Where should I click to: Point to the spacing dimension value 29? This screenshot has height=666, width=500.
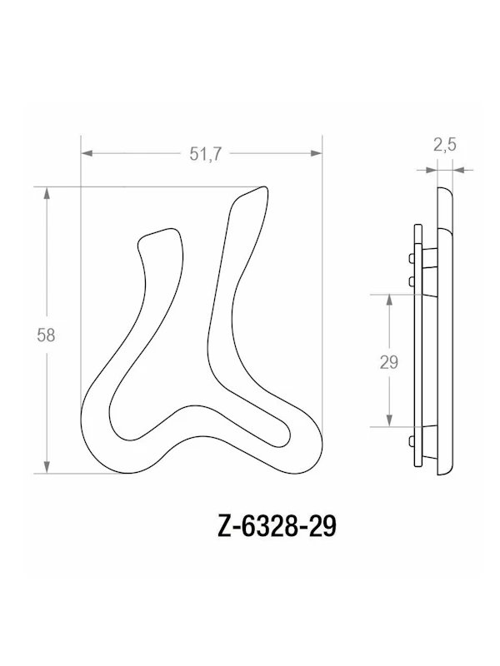click(388, 362)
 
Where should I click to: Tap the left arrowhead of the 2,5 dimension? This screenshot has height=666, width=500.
click(430, 170)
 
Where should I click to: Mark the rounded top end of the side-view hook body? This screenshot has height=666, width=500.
click(445, 193)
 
